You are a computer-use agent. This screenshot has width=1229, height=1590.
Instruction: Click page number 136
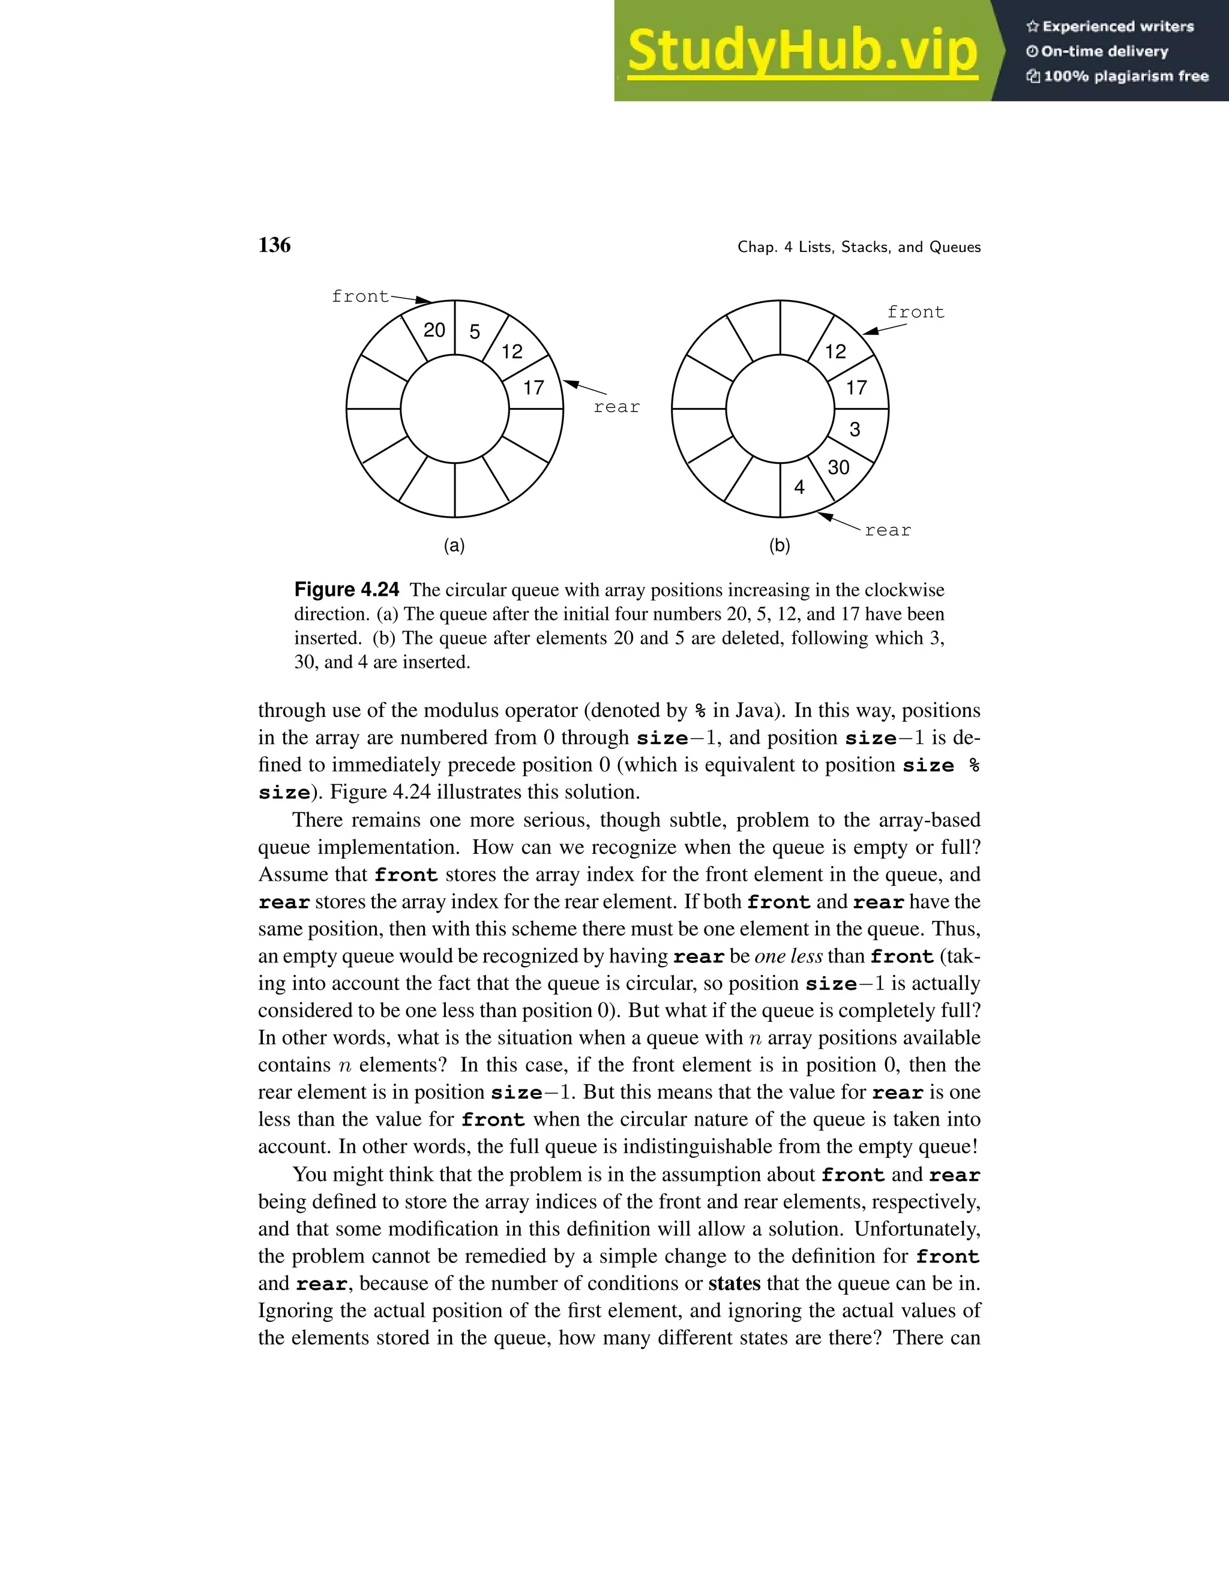tap(274, 245)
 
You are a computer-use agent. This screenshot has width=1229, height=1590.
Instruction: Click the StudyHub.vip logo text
tap(802, 51)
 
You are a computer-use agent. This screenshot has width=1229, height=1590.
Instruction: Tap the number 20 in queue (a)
tap(434, 330)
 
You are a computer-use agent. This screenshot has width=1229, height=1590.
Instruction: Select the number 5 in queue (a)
tap(475, 332)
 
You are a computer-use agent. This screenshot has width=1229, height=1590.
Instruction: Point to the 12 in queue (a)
tap(512, 352)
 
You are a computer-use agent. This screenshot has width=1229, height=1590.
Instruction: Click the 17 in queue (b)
tap(856, 388)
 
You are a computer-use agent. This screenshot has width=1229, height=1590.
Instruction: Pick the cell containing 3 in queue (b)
tap(855, 430)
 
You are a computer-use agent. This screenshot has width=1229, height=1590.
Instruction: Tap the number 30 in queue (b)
tap(839, 467)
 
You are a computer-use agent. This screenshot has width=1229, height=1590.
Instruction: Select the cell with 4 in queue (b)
tap(799, 487)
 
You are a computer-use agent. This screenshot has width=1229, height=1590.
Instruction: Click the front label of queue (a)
tap(361, 296)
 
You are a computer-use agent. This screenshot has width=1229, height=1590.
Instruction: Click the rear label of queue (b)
tap(888, 530)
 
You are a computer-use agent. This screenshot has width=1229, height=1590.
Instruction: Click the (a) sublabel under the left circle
tap(454, 546)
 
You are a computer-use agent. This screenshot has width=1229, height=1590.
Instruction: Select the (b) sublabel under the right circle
tap(780, 546)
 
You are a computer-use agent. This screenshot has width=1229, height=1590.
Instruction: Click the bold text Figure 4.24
tap(347, 590)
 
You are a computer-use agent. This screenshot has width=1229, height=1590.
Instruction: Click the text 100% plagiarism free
tap(1126, 76)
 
